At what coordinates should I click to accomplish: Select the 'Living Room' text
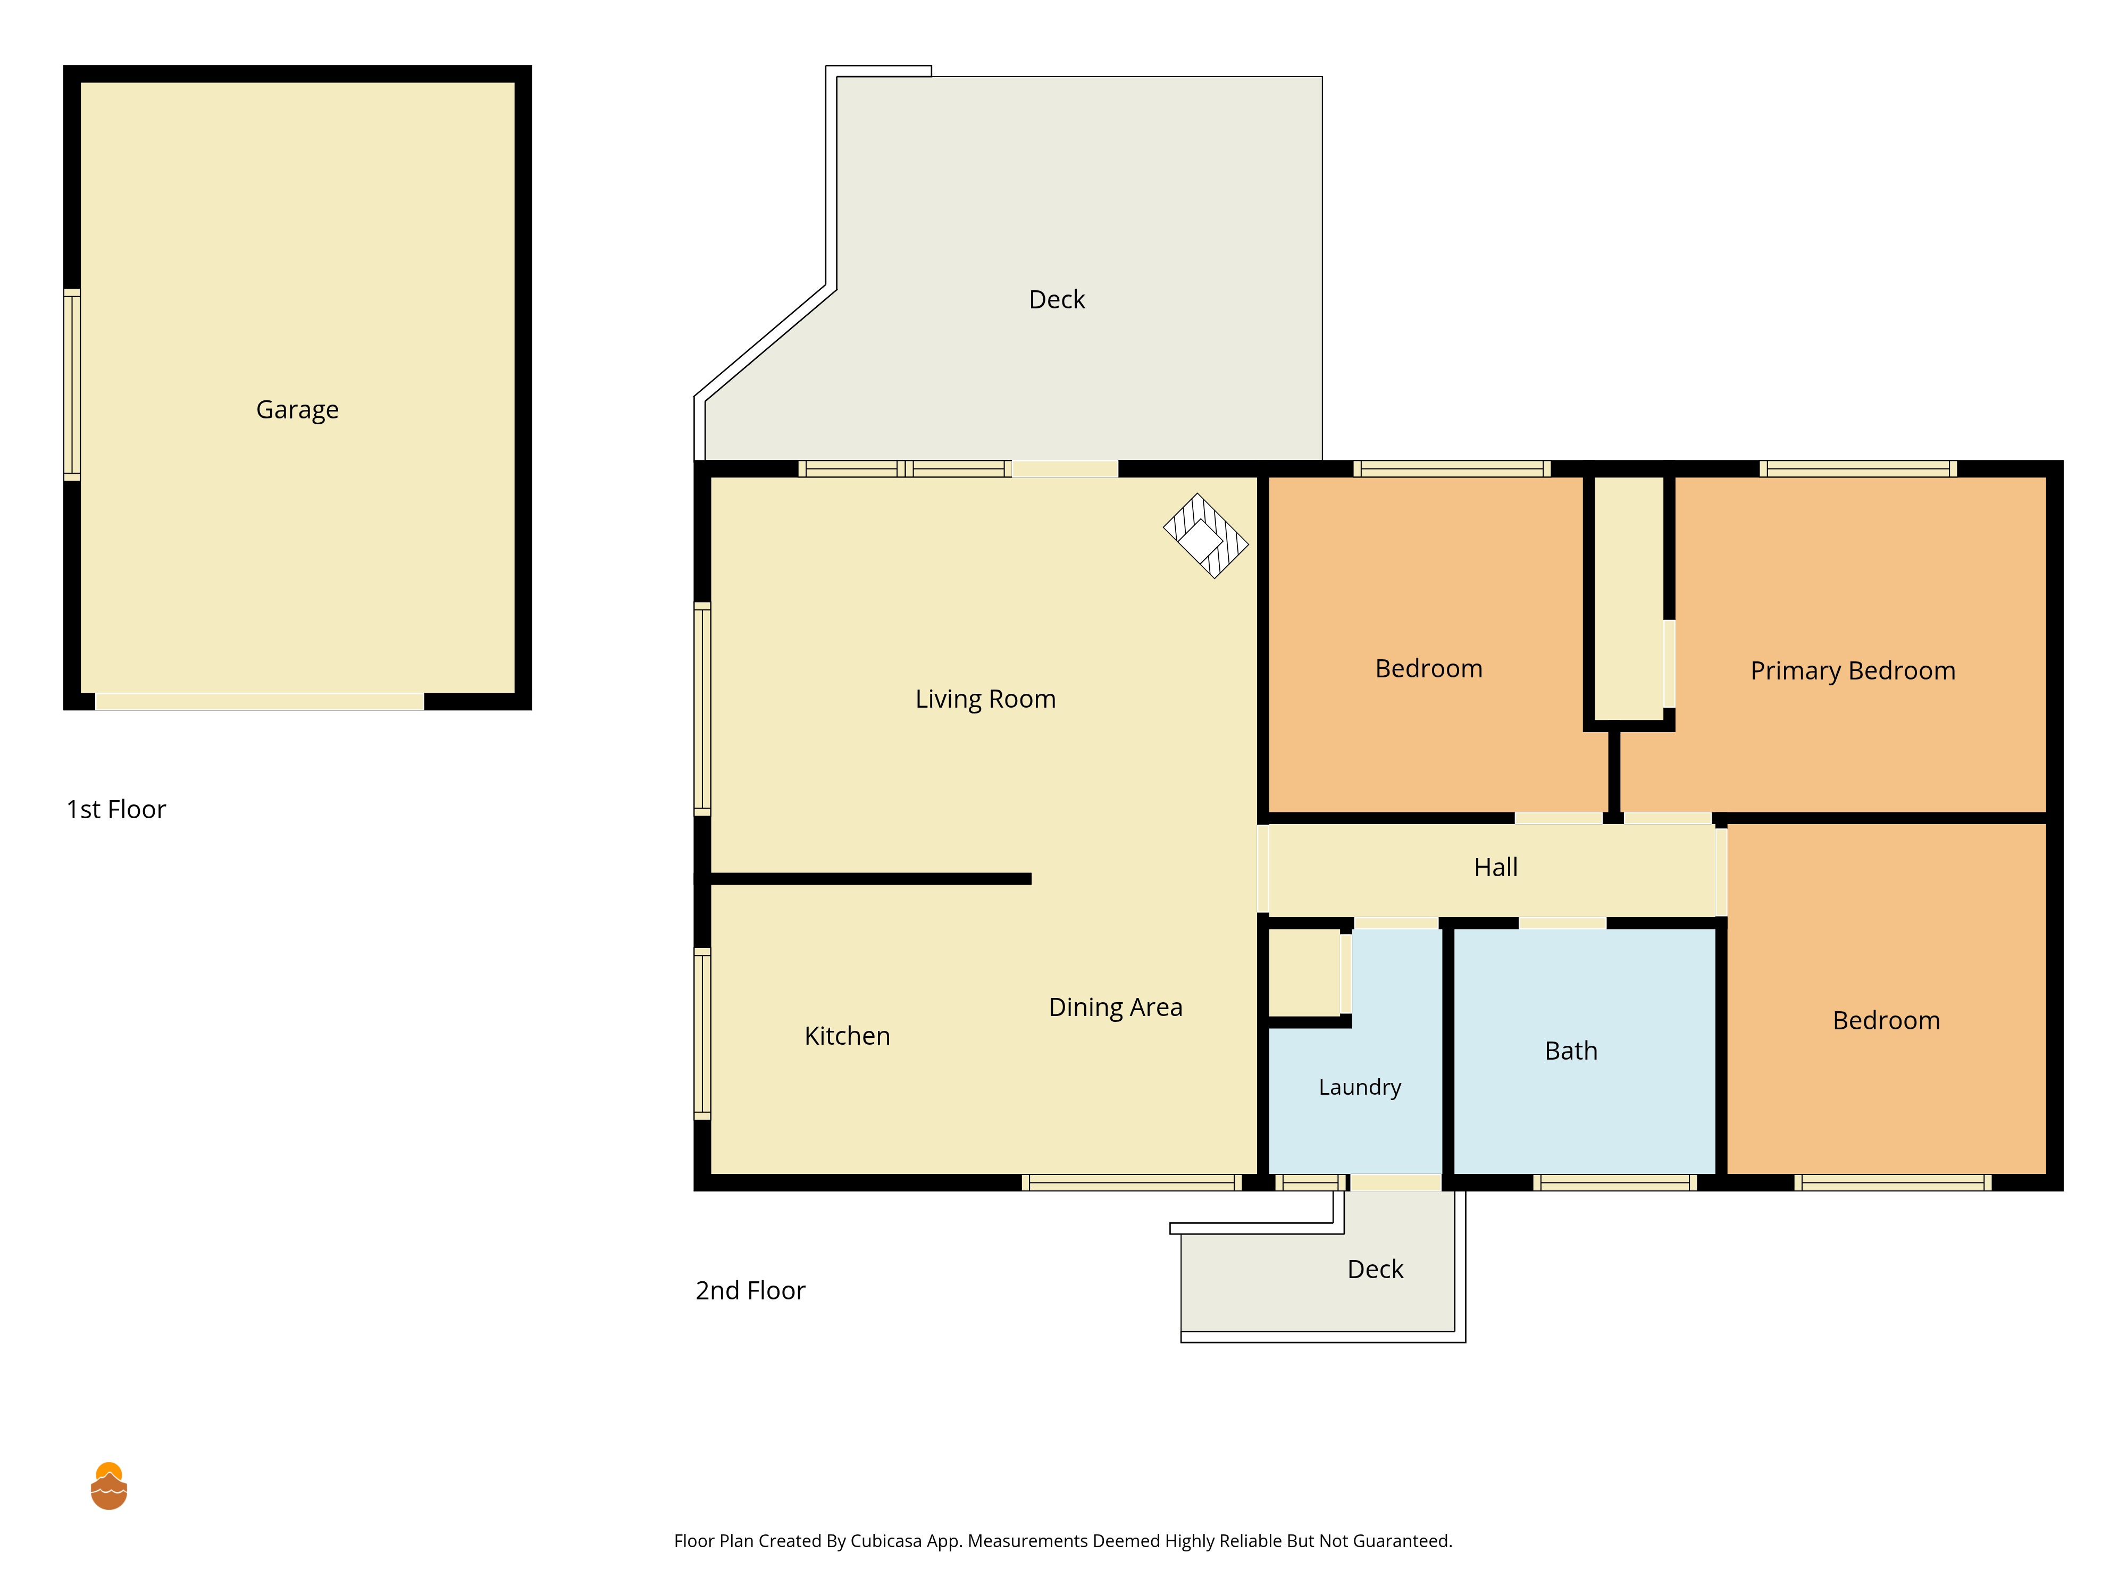pos(986,699)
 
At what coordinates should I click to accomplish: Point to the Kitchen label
pos(847,1036)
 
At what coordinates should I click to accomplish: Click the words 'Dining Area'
pos(1116,1006)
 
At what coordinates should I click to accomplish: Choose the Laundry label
pos(1360,1087)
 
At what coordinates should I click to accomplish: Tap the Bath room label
pos(1571,1051)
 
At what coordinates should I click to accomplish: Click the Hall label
pos(1496,867)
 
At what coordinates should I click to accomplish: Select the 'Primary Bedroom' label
pos(1853,671)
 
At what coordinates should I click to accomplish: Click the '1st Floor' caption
pos(116,810)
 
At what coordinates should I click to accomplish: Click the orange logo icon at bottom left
pos(108,1487)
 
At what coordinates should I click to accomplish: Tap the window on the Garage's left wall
pos(72,384)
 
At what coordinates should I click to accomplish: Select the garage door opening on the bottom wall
pos(259,702)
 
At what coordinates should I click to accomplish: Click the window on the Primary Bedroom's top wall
pos(1858,469)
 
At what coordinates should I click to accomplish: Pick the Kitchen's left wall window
pos(703,1034)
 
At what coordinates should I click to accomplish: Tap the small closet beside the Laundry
pos(1305,973)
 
